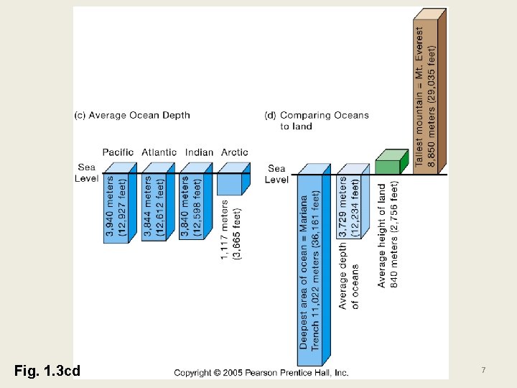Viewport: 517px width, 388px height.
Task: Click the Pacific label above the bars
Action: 118,152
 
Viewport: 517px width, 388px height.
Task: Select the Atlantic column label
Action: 159,152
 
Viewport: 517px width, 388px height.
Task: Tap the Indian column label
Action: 199,152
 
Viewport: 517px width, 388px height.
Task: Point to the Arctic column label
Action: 235,152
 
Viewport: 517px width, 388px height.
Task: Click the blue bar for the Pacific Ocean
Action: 118,207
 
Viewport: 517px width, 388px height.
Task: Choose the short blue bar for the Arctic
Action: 231,185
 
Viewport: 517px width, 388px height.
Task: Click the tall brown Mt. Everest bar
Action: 428,93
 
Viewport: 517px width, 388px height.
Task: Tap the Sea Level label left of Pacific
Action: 86,173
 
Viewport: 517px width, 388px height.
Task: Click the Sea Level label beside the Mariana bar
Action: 276,175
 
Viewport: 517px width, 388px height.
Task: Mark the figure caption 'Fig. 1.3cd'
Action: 47,371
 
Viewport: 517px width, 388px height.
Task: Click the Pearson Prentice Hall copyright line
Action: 261,373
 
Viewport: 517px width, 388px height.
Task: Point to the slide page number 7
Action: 483,370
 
